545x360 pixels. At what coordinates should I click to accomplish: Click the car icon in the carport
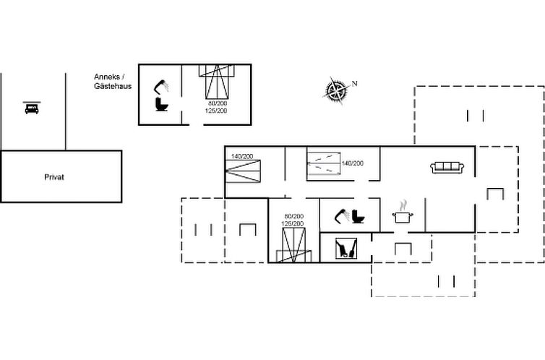point(31,108)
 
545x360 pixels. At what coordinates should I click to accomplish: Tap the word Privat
point(54,177)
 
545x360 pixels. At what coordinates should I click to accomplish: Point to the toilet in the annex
point(162,106)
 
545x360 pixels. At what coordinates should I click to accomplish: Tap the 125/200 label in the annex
point(217,111)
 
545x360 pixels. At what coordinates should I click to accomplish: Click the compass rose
point(336,90)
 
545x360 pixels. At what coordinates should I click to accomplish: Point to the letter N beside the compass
point(355,82)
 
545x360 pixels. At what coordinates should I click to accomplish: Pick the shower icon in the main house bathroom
point(340,215)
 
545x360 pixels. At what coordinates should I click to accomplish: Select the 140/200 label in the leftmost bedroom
point(242,157)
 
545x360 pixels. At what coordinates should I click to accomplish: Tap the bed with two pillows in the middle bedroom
point(322,163)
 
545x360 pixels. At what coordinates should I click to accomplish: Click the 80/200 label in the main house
point(294,216)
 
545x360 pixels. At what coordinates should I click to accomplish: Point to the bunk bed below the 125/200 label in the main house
point(291,246)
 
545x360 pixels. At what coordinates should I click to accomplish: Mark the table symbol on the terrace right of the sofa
point(494,194)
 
